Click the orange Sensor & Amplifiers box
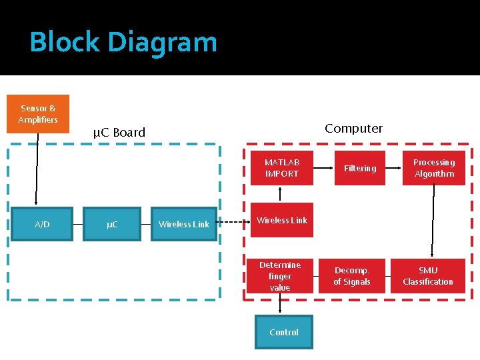[38, 114]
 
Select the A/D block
[42, 224]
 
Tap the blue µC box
[112, 224]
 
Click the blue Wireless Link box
[184, 224]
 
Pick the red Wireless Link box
[281, 220]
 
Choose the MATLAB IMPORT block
[281, 168]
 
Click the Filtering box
[360, 168]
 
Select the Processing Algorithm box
[434, 168]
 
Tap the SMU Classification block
[427, 276]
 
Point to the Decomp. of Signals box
[352, 276]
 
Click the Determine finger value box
[280, 276]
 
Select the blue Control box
[284, 332]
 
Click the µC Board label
[119, 132]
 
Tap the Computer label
[353, 128]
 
